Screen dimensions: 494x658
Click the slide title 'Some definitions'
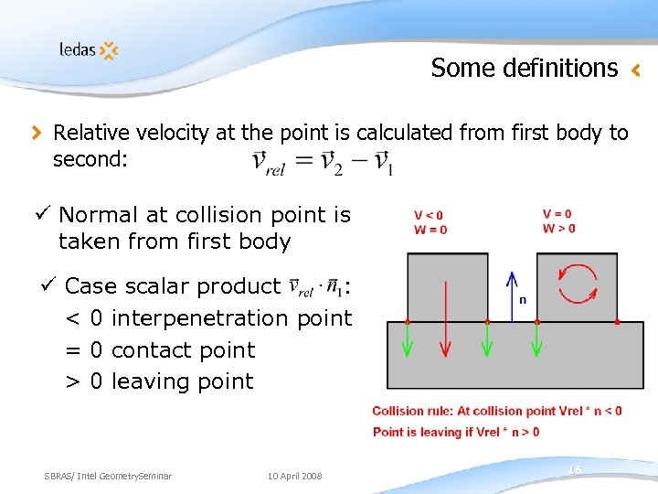524,68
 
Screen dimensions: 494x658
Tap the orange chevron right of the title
637,69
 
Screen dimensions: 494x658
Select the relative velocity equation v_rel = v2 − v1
322,163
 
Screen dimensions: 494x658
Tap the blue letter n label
522,299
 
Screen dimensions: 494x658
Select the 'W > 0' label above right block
558,229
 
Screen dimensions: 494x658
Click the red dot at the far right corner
618,322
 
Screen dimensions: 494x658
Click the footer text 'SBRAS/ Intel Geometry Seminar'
108,476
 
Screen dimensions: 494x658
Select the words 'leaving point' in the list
182,381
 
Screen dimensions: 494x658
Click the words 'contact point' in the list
183,349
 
